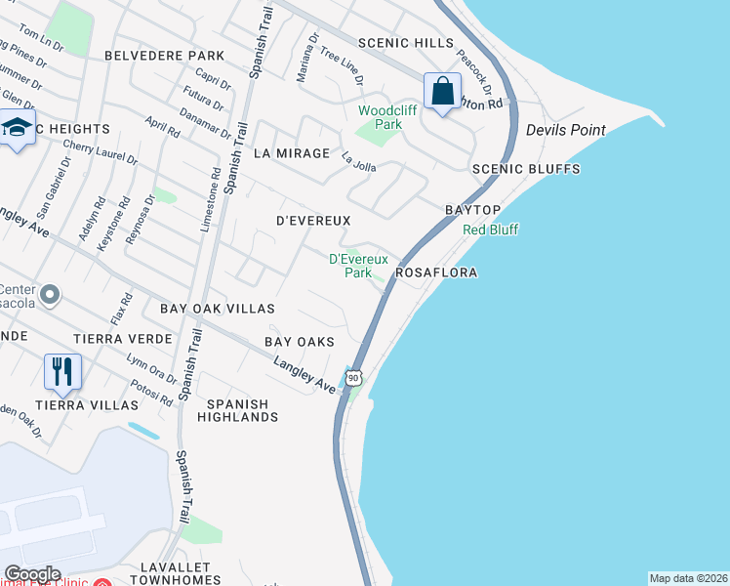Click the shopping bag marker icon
click(x=443, y=91)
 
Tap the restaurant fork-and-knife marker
click(x=61, y=371)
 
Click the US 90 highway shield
click(x=354, y=377)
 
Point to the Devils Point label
click(x=565, y=130)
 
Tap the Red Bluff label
click(x=490, y=230)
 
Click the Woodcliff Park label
click(x=387, y=117)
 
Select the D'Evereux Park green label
click(x=358, y=266)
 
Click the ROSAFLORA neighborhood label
click(x=436, y=273)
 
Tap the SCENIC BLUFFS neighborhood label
click(x=526, y=169)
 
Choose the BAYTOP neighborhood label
click(x=473, y=210)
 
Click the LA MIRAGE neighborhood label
click(x=291, y=153)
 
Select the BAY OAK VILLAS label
click(x=219, y=309)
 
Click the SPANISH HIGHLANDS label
click(x=238, y=410)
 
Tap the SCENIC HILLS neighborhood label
click(x=406, y=43)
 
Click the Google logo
click(x=32, y=574)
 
